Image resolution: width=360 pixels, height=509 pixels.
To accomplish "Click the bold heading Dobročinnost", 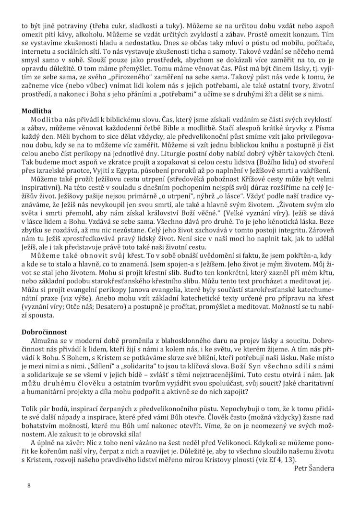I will pos(44,332).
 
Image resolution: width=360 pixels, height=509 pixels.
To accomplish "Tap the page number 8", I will pos(29,485).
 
